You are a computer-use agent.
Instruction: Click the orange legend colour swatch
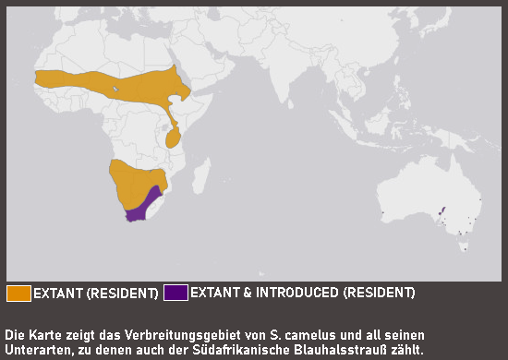pyautogui.click(x=18, y=294)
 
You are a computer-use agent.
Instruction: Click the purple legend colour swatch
pyautogui.click(x=175, y=294)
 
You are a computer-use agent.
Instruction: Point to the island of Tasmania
pyautogui.click(x=465, y=246)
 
